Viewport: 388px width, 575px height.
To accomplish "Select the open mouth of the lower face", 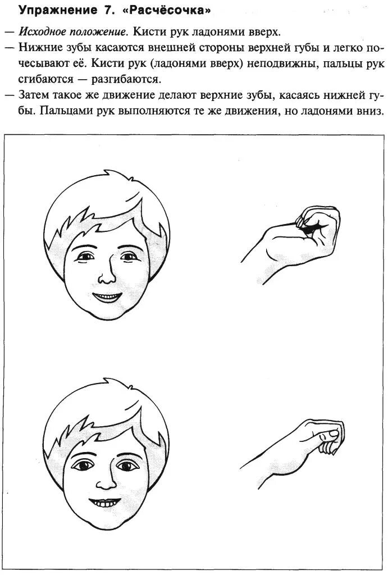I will [105, 501].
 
